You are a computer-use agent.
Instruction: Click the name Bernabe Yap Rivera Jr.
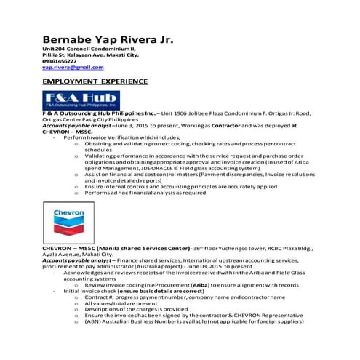click(x=108, y=39)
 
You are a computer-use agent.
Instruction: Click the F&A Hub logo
click(x=81, y=100)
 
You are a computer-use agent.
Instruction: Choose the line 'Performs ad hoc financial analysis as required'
click(x=145, y=193)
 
